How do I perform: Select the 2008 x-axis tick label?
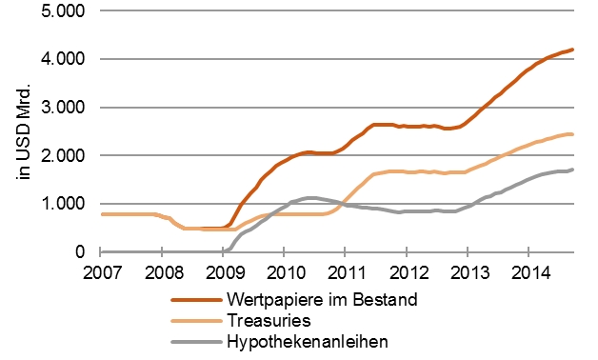162,274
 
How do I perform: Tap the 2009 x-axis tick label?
223,274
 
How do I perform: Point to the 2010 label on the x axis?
284,274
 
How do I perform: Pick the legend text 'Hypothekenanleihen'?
296,342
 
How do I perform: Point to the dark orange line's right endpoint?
572,50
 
